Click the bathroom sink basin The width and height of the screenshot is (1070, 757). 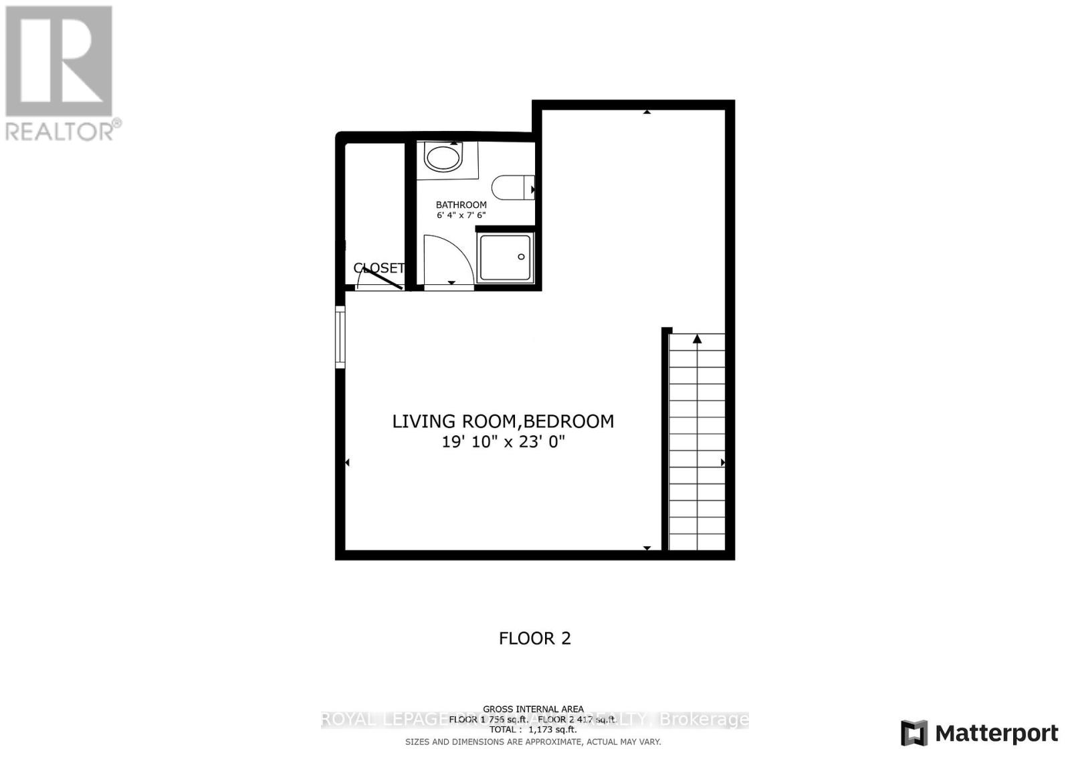tap(443, 159)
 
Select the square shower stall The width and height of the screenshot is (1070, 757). tap(506, 257)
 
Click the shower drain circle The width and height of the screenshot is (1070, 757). tap(521, 257)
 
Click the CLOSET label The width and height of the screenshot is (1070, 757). tap(379, 268)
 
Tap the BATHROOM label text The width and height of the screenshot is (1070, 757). tap(461, 205)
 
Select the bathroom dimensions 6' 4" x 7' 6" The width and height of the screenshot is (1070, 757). tap(461, 215)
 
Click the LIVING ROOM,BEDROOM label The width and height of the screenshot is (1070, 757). tap(503, 421)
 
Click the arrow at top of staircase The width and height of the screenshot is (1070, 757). tap(697, 340)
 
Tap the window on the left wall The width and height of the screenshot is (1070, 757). tap(340, 336)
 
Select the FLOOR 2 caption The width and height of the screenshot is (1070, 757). tap(534, 638)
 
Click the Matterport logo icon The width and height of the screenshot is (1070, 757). tap(914, 733)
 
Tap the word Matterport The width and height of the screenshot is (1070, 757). tap(996, 734)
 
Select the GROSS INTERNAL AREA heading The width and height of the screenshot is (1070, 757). tap(533, 709)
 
